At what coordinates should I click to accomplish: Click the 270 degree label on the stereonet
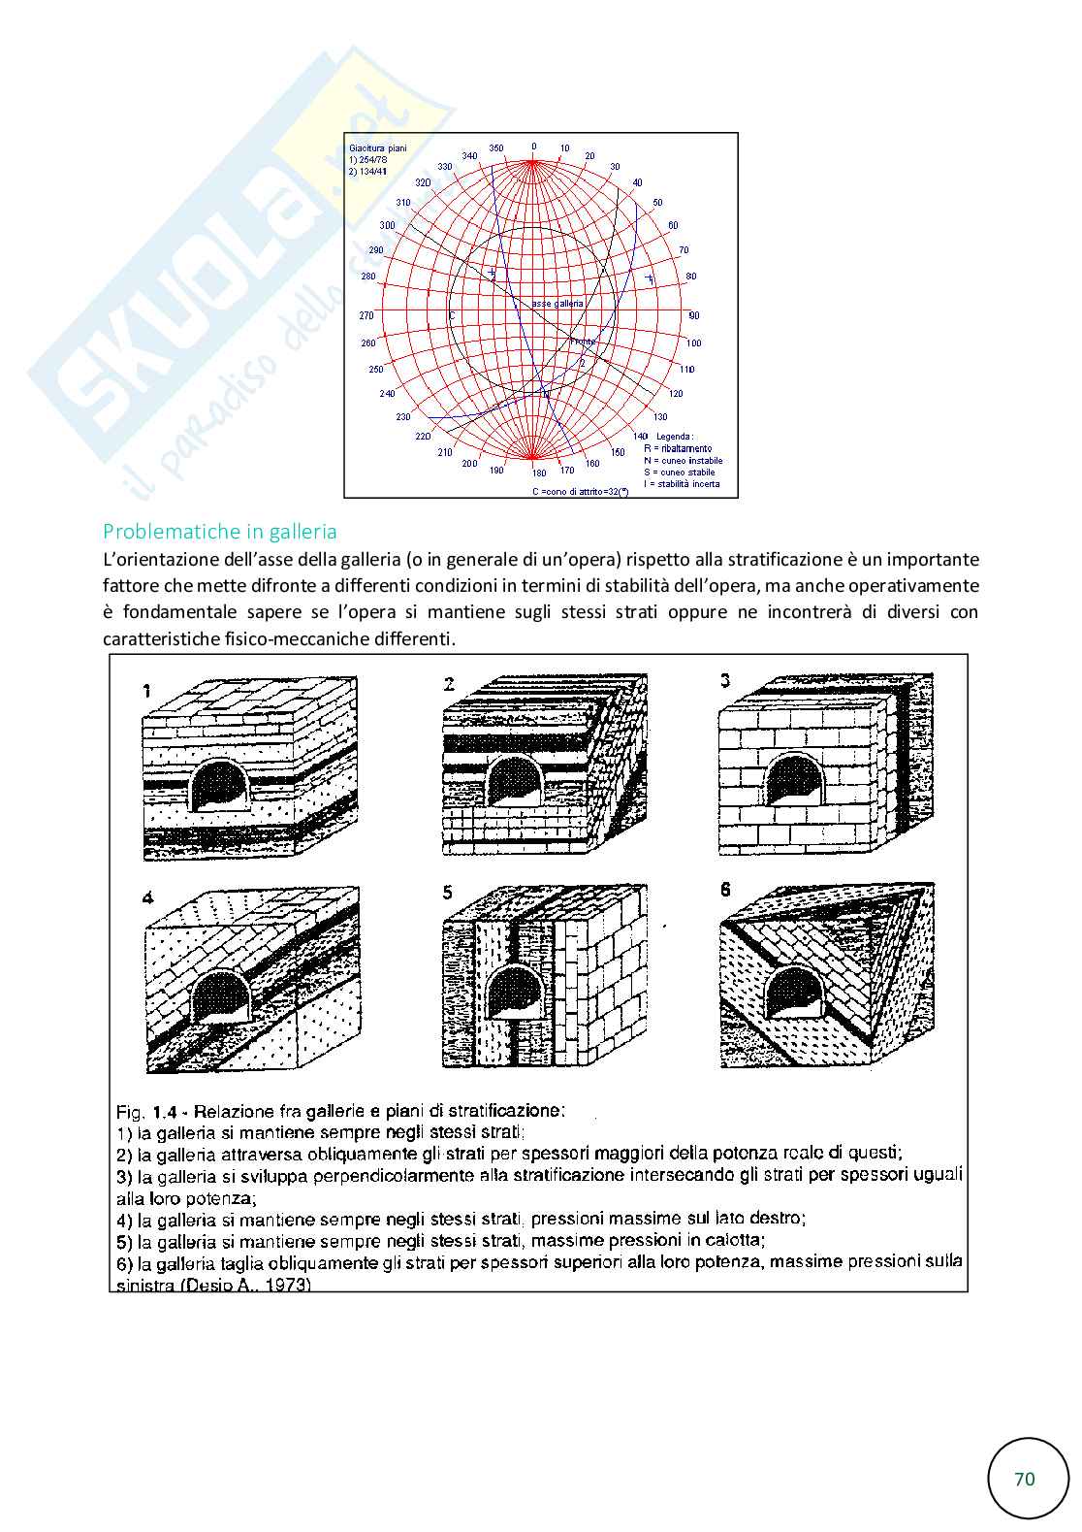(x=366, y=315)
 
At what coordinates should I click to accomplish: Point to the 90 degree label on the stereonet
(x=693, y=316)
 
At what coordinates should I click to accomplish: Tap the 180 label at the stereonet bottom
(x=539, y=473)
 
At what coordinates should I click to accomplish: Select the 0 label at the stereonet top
(x=533, y=147)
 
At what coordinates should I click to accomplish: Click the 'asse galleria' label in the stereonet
(x=557, y=304)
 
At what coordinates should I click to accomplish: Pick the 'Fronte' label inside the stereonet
(x=583, y=342)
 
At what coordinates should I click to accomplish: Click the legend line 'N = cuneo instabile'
(x=683, y=461)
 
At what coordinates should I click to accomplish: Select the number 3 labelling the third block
(x=725, y=681)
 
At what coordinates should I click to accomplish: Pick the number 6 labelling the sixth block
(x=727, y=889)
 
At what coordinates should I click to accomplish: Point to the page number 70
(x=1024, y=1479)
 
